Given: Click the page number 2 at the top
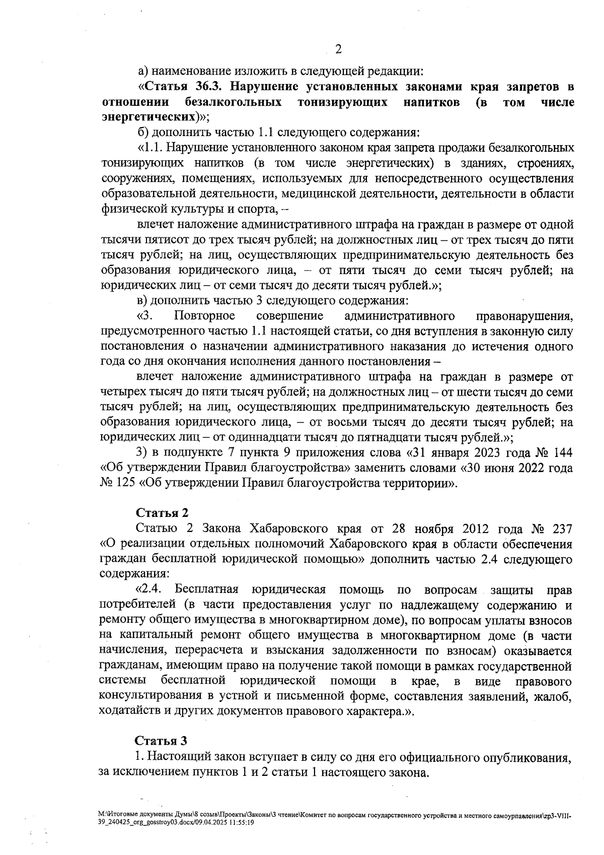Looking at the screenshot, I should coord(338,50).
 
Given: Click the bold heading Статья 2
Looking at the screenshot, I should coord(162,513).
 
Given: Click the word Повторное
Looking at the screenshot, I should coord(205,316).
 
